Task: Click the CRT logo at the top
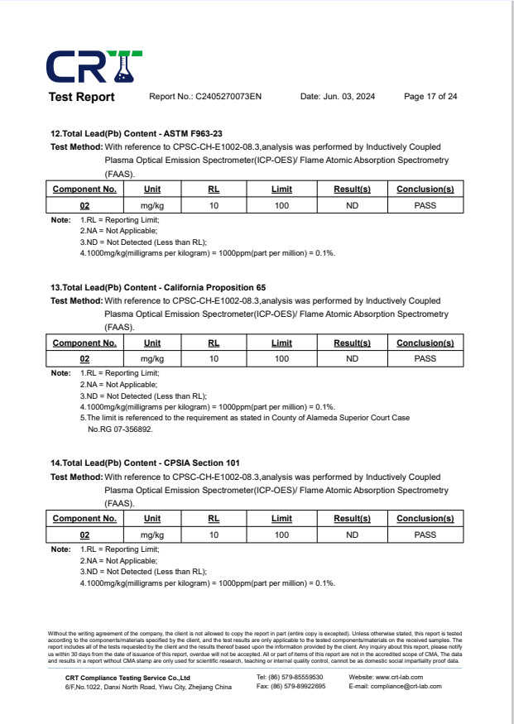[94, 66]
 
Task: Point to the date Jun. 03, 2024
[337, 97]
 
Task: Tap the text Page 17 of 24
[430, 97]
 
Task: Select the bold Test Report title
[82, 97]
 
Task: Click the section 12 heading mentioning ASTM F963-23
[137, 132]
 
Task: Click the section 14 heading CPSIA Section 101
[146, 463]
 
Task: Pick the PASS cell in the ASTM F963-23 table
[425, 204]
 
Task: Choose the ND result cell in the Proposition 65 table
[352, 359]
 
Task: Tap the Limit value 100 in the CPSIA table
[281, 535]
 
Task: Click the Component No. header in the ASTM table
[84, 189]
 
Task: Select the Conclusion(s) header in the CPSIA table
[425, 519]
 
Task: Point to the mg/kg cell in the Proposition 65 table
[152, 359]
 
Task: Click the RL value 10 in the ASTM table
[214, 204]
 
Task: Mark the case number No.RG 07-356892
[121, 429]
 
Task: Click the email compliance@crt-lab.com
[396, 686]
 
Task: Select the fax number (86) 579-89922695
[291, 686]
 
